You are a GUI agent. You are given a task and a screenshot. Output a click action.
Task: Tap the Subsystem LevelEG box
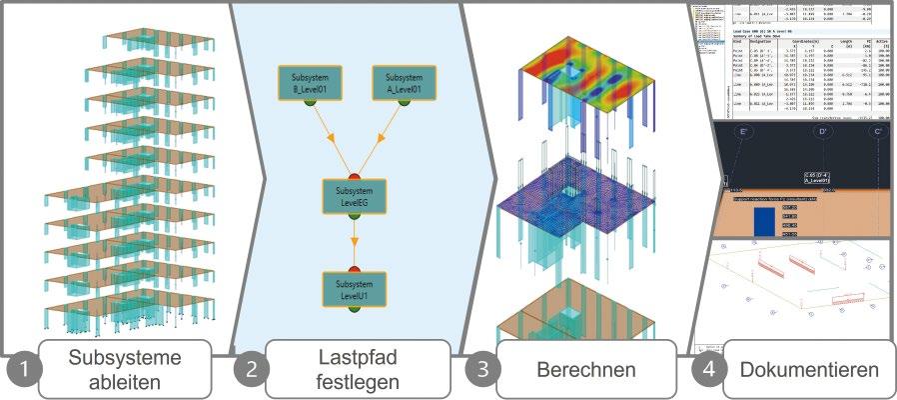click(354, 195)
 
